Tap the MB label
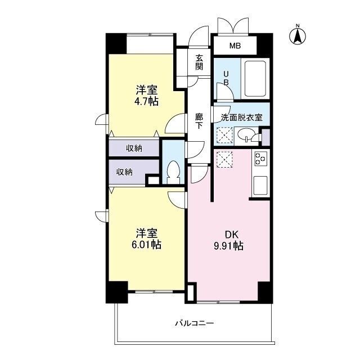235,46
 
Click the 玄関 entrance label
199,62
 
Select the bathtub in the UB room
255,79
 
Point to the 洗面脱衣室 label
241,118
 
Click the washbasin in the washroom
245,136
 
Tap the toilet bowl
173,171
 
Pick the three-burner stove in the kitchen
260,159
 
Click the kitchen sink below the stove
260,184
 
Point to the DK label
231,235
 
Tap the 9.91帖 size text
231,246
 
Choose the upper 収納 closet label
134,148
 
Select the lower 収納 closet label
125,172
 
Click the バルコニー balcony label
194,323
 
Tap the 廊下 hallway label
199,121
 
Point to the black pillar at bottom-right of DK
264,291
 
